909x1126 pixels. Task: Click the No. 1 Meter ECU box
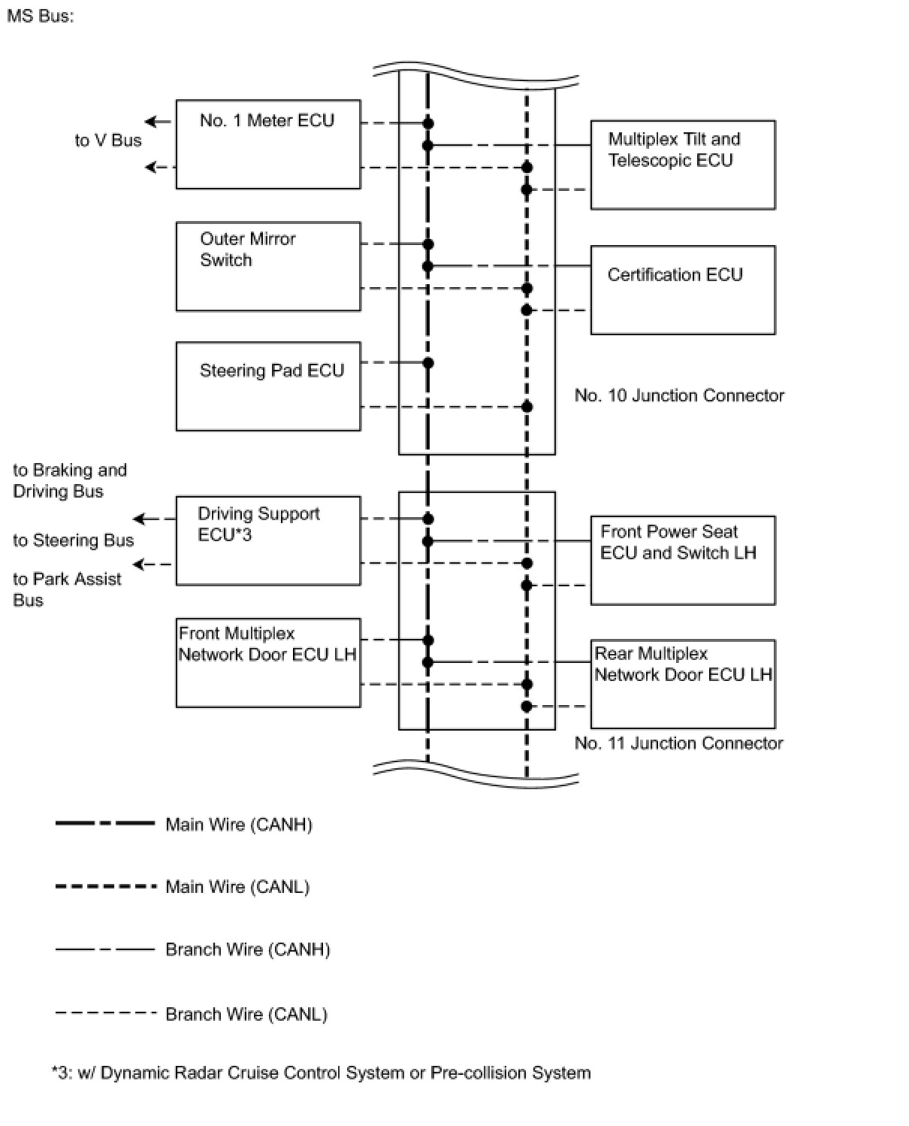pos(267,144)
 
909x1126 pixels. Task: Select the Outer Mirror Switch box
pos(267,266)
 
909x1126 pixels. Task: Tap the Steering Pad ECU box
pos(267,386)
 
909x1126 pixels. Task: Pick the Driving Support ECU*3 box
pos(267,540)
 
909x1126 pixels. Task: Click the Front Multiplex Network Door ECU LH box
pos(267,662)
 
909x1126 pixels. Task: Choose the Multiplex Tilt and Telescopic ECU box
pos(682,165)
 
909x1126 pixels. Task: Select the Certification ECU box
pos(682,289)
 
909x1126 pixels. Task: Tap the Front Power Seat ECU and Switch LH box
pos(682,560)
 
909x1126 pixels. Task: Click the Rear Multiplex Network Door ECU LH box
pos(682,683)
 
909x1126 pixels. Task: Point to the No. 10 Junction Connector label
pos(678,395)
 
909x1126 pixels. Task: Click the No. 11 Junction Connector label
pos(678,743)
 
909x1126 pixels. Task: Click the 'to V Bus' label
pos(108,141)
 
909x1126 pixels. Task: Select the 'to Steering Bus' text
pos(73,540)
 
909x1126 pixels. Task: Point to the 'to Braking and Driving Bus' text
pos(69,480)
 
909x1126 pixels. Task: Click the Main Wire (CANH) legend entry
pos(238,825)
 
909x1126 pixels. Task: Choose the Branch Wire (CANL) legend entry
pos(246,1014)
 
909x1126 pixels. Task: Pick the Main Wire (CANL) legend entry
pos(237,887)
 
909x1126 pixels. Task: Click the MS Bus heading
pos(41,16)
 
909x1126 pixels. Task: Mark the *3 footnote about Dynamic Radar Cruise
pos(321,1073)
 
